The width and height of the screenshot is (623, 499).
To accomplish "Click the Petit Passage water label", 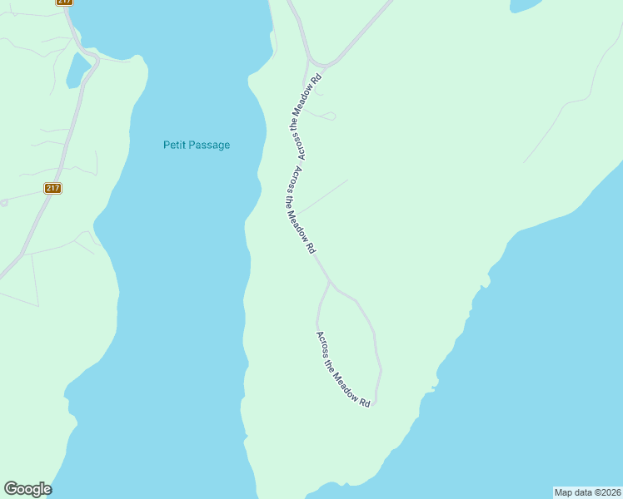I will pos(196,145).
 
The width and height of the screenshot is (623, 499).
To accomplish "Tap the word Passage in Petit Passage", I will pos(209,145).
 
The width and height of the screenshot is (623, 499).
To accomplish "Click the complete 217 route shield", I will pos(52,189).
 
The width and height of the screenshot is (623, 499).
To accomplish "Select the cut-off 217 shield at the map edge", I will pos(64,2).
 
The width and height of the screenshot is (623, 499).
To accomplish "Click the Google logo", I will pos(27,489).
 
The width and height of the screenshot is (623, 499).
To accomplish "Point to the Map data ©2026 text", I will pos(587,492).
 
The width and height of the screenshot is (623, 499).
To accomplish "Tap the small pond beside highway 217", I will pos(77,70).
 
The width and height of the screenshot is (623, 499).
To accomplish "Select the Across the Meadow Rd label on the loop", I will pos(342,368).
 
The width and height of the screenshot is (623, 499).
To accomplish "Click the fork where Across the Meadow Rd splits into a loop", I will pos(330,282).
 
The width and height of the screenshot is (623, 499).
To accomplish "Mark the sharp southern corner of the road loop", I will pos(375,403).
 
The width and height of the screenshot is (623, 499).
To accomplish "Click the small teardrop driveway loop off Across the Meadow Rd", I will pos(331,116).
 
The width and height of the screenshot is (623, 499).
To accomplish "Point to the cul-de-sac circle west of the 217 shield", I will pos(3,202).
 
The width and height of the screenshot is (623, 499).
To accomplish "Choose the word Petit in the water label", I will pos(174,145).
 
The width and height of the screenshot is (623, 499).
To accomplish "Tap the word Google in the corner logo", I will pos(27,489).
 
